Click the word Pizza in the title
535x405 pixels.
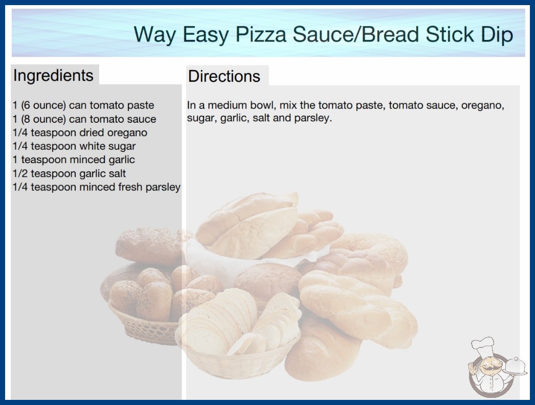pyautogui.click(x=260, y=34)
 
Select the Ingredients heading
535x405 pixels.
pyautogui.click(x=53, y=76)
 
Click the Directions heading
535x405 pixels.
pyautogui.click(x=224, y=76)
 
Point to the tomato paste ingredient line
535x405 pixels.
pyautogui.click(x=83, y=105)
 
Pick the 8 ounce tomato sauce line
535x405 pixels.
pyautogui.click(x=84, y=119)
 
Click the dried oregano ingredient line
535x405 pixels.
pyautogui.click(x=80, y=132)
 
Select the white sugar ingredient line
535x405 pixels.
pyautogui.click(x=74, y=146)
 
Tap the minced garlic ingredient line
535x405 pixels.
pyautogui.click(x=74, y=160)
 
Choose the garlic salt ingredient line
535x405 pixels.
pyautogui.click(x=69, y=173)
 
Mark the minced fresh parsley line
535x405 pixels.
pyautogui.click(x=97, y=187)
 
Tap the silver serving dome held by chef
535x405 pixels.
pyautogui.click(x=516, y=367)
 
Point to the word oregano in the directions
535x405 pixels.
pyautogui.click(x=482, y=105)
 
